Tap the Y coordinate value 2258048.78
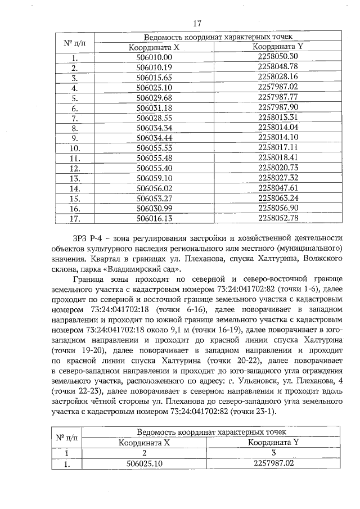tap(277, 67)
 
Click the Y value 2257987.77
tap(277, 97)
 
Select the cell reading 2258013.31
tap(277, 117)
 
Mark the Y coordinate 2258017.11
tap(277, 147)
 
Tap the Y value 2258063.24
tap(277, 198)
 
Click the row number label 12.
tap(74, 168)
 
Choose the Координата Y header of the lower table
tap(272, 442)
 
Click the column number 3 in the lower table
tap(272, 453)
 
